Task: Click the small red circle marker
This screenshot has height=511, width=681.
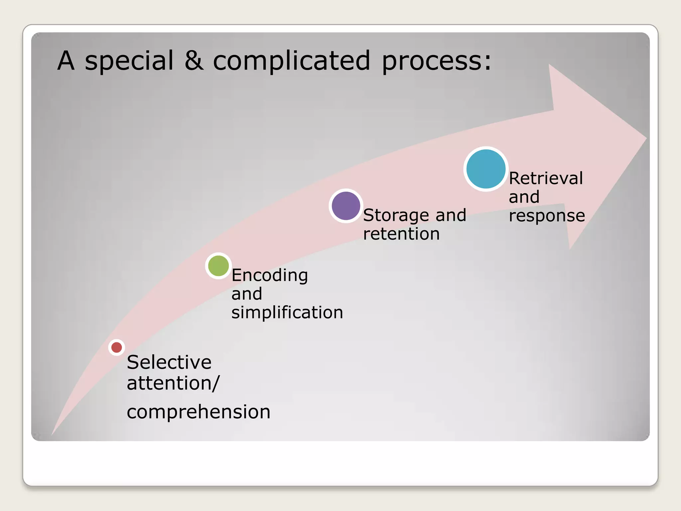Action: coord(116,347)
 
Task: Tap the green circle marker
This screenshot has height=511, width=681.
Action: coord(218,266)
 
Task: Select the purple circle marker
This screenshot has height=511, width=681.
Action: coord(346,206)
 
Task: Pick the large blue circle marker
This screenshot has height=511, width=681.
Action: coord(486,169)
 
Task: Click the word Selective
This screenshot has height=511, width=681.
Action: coord(169,362)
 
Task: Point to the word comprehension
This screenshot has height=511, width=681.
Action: coord(199,412)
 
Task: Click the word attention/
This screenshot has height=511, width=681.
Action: coord(173,383)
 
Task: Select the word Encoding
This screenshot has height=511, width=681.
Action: coord(270,275)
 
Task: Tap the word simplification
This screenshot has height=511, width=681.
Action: coord(287,312)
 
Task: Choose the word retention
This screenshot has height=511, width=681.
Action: coord(401,234)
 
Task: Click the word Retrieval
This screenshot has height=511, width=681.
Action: coord(546,178)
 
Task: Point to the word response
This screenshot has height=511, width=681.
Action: coord(547,216)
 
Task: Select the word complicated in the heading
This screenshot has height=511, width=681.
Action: coord(291,61)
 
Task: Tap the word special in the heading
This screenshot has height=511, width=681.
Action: coord(129,61)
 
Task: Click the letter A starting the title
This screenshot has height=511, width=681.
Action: coord(66,61)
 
